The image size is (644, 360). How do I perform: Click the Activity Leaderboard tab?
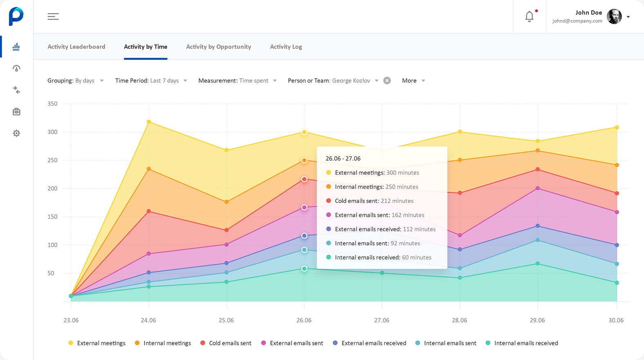point(76,47)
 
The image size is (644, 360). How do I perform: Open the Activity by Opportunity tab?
point(218,47)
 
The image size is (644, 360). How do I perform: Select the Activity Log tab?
point(286,47)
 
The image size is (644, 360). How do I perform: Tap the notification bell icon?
point(529,16)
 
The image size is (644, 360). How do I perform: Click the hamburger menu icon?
point(53,16)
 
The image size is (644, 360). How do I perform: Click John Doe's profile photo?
point(614,16)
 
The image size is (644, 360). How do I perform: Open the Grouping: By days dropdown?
point(75,81)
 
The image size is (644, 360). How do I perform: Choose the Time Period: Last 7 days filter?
point(151,81)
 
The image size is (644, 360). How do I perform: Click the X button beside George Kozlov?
point(387,81)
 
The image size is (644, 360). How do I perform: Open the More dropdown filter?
point(413,81)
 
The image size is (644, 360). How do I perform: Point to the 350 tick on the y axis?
point(52,104)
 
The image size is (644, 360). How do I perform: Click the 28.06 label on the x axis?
point(459,320)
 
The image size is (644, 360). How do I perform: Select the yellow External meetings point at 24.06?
point(149,122)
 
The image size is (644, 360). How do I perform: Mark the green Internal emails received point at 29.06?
point(538,264)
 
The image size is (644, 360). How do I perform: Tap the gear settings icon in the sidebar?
point(16,133)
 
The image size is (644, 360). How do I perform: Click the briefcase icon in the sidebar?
point(16,112)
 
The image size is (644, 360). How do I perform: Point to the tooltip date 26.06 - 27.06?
point(343,158)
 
